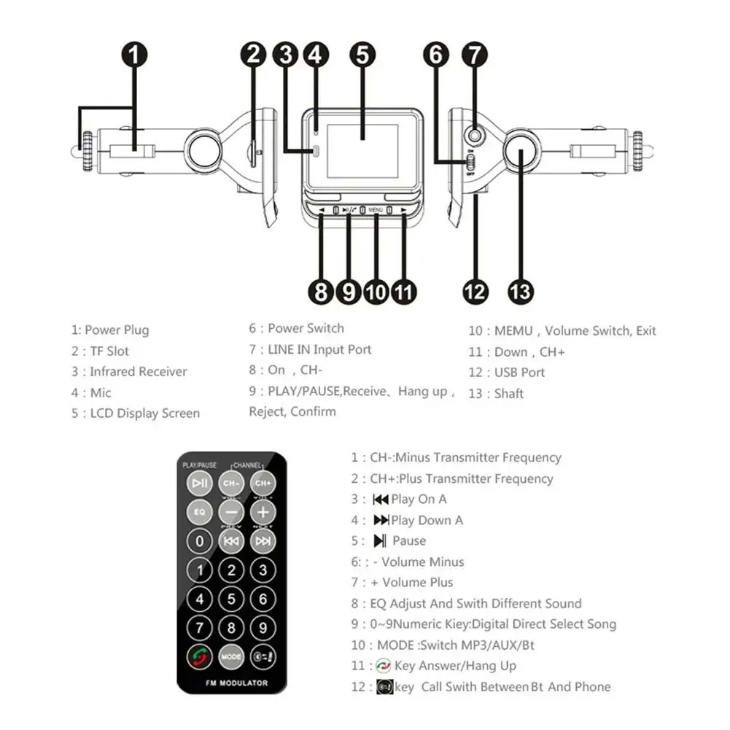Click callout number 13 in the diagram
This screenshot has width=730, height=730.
tap(520, 292)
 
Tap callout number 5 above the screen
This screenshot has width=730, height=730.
tap(362, 55)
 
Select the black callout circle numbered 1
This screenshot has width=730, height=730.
tap(135, 55)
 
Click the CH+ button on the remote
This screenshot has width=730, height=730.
tap(263, 483)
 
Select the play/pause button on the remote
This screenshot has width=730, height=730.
tap(200, 483)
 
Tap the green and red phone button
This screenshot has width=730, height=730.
tap(200, 656)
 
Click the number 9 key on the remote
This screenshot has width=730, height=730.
tap(263, 627)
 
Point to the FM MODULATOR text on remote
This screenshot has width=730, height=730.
tap(232, 683)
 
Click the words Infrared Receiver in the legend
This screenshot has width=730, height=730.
tap(139, 372)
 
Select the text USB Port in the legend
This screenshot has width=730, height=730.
tap(519, 373)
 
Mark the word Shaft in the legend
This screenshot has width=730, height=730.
tap(509, 394)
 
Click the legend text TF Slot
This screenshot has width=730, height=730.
tap(109, 351)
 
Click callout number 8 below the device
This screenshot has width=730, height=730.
tap(322, 292)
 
